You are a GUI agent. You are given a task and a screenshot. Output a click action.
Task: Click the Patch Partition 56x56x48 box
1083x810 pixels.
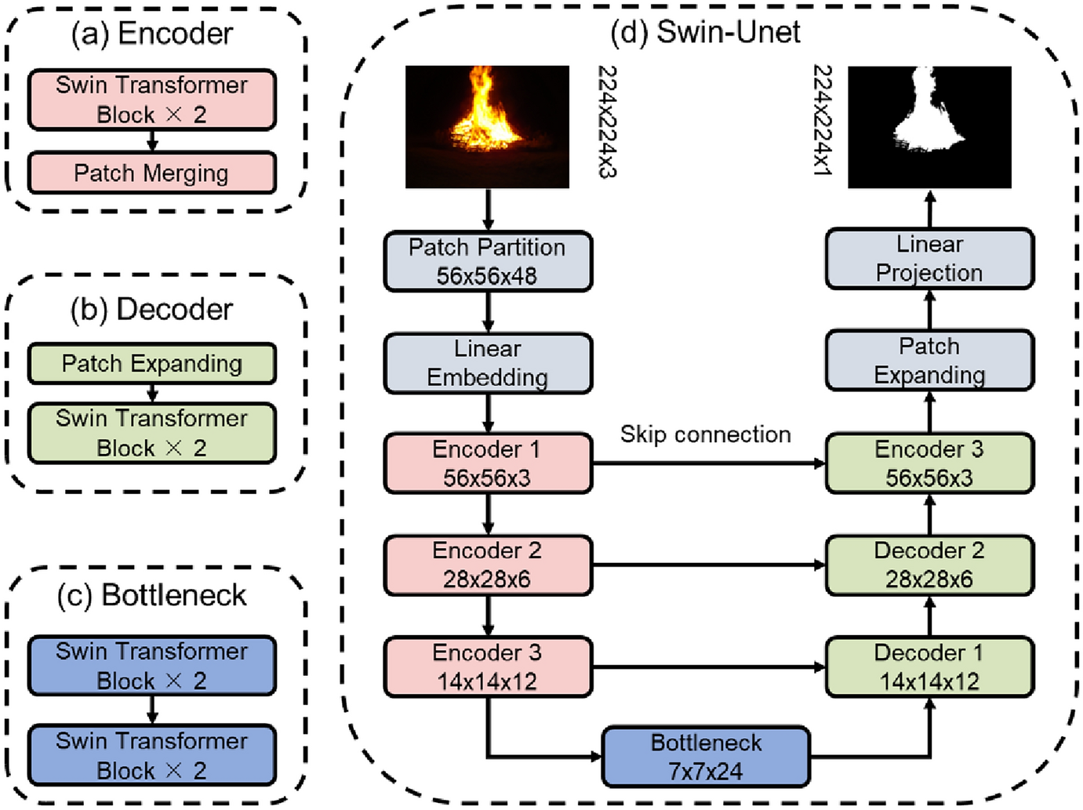pyautogui.click(x=488, y=261)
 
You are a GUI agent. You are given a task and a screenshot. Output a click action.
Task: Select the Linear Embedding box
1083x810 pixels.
pyautogui.click(x=488, y=363)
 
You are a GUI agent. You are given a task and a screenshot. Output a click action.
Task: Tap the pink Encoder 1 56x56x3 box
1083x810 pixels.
pyautogui.click(x=488, y=463)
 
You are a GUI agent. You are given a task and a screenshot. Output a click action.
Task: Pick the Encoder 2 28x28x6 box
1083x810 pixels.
pyautogui.click(x=488, y=565)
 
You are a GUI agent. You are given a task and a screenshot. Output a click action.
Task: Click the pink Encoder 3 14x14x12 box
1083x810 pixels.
pyautogui.click(x=488, y=667)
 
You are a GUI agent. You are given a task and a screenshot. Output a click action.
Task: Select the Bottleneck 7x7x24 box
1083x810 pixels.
pyautogui.click(x=706, y=757)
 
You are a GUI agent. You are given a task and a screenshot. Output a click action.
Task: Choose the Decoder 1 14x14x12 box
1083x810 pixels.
pyautogui.click(x=929, y=667)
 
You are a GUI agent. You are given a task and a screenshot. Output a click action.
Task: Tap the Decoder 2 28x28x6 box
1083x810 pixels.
pyautogui.click(x=929, y=565)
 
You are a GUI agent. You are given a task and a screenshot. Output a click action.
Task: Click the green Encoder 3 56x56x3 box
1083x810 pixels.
pyautogui.click(x=929, y=463)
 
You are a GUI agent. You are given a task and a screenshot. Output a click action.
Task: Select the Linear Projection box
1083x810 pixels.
pyautogui.click(x=929, y=259)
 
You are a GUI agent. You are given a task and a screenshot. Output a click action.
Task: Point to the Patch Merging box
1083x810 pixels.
pyautogui.click(x=152, y=173)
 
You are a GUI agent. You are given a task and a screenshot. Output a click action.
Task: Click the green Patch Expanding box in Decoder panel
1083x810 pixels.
pyautogui.click(x=152, y=364)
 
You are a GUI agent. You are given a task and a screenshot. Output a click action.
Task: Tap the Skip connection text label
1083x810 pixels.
pyautogui.click(x=706, y=434)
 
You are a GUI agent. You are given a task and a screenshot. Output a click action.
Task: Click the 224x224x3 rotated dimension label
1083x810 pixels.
pyautogui.click(x=607, y=122)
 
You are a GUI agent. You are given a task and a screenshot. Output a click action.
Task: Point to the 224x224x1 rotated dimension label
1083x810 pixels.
pyautogui.click(x=823, y=120)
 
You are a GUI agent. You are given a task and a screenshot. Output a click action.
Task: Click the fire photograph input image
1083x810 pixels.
pyautogui.click(x=487, y=127)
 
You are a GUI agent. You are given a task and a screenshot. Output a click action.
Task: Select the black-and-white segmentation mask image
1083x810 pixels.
pyautogui.click(x=929, y=127)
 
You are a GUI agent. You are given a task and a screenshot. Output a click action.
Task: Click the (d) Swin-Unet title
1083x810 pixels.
pyautogui.click(x=705, y=33)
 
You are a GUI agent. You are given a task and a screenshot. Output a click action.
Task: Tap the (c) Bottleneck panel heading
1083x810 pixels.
pyautogui.click(x=151, y=595)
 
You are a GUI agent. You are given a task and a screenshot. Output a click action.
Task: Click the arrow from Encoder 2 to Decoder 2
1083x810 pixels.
pyautogui.click(x=709, y=565)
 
